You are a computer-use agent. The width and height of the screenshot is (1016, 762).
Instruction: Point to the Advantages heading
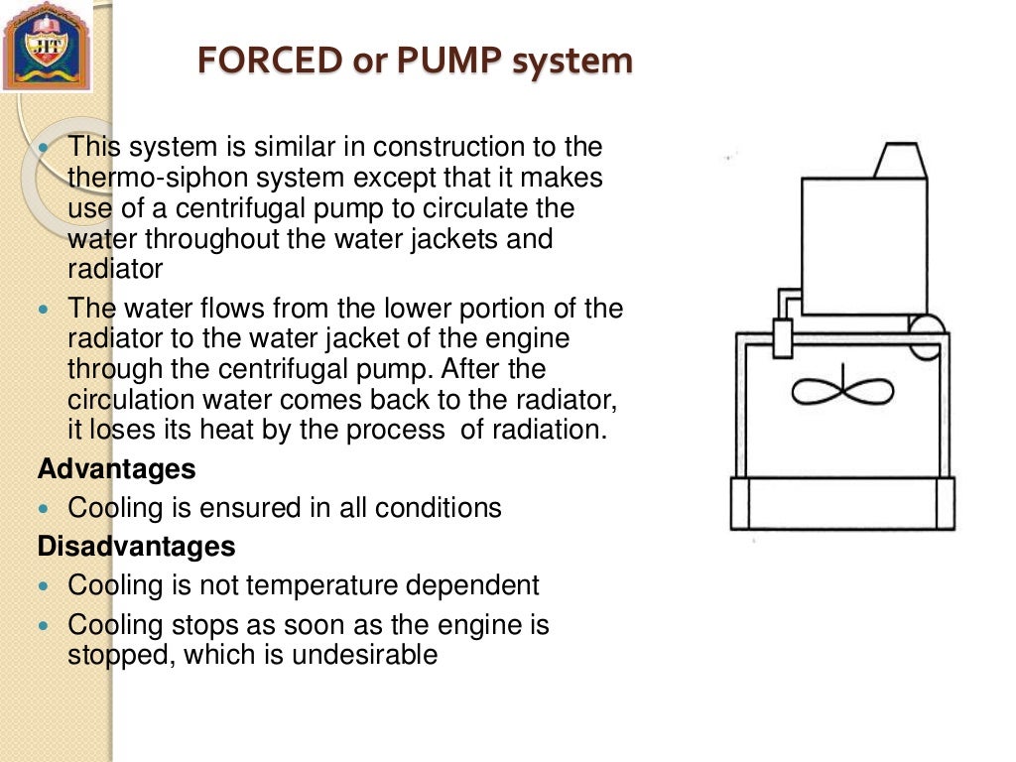(x=116, y=468)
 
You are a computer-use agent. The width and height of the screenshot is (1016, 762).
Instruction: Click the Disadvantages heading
(x=136, y=547)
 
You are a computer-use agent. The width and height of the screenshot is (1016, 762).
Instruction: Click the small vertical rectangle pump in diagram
(x=783, y=338)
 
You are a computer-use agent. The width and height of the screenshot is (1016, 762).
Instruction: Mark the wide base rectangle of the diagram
(x=842, y=503)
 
